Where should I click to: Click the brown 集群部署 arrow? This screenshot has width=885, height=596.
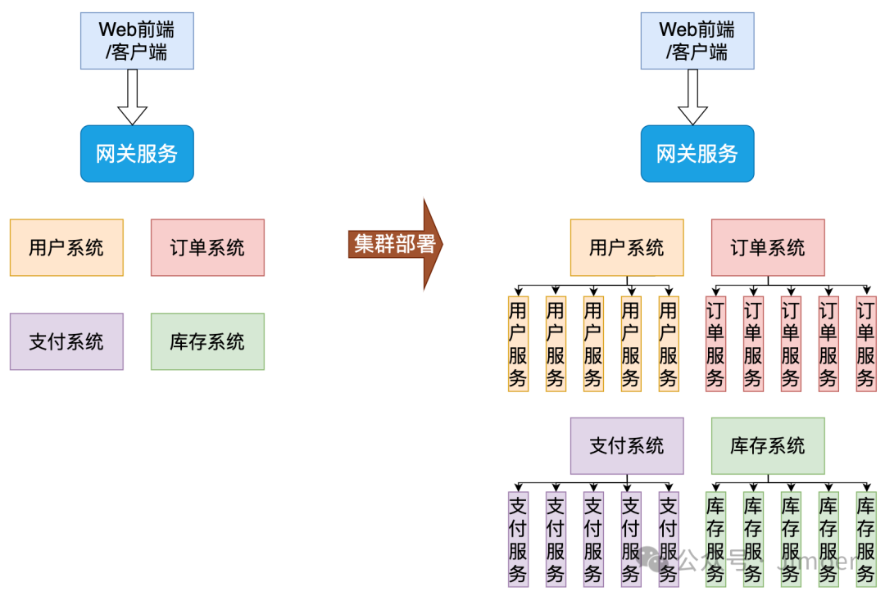[394, 244]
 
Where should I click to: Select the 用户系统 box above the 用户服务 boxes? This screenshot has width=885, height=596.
[627, 247]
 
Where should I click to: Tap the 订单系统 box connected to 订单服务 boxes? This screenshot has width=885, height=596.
[768, 247]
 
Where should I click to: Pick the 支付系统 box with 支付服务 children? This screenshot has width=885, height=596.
[627, 446]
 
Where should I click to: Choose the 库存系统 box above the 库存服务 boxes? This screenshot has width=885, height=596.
[768, 446]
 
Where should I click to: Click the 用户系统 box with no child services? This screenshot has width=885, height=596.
[66, 247]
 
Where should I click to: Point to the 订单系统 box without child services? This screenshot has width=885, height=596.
[207, 247]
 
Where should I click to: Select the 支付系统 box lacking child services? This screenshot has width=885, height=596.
[66, 341]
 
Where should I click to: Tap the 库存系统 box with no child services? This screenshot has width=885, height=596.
[207, 341]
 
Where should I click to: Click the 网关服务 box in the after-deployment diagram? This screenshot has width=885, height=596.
[697, 153]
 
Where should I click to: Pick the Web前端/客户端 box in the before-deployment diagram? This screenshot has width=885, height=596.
[137, 41]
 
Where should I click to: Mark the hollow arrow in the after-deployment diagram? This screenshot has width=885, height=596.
[692, 97]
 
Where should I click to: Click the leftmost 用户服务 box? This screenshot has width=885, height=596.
[518, 344]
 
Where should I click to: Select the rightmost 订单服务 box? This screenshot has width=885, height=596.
[866, 344]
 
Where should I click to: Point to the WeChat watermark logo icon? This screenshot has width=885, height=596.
[658, 560]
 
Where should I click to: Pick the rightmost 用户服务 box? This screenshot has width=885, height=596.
[669, 344]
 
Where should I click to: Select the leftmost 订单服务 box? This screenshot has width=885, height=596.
[715, 344]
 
